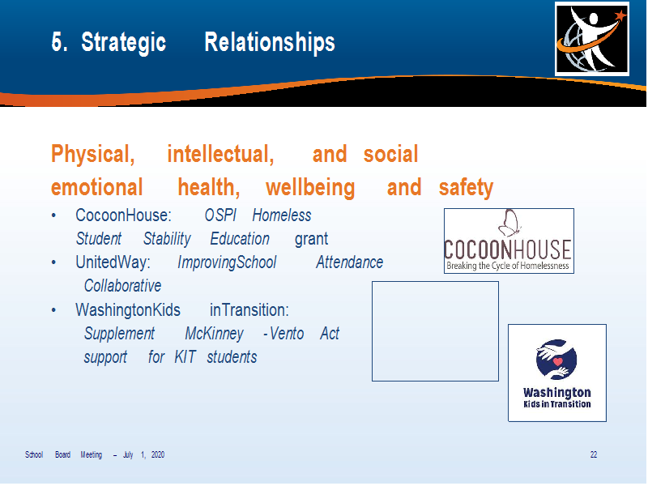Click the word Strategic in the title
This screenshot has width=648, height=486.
click(x=124, y=43)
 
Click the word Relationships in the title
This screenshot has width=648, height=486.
click(x=270, y=42)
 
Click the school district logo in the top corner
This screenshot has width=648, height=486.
click(x=592, y=39)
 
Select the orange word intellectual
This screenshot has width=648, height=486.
click(x=220, y=154)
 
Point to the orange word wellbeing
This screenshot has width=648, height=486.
click(x=310, y=188)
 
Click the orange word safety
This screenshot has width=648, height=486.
click(x=467, y=188)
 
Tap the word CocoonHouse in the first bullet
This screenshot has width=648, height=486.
click(x=123, y=215)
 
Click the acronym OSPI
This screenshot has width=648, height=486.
click(x=220, y=215)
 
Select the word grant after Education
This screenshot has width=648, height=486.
click(x=311, y=239)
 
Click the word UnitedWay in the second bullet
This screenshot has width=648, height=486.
click(x=113, y=262)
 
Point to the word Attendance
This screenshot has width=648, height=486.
click(x=350, y=262)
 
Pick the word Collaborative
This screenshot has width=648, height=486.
click(x=123, y=286)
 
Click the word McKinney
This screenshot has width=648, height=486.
click(x=214, y=334)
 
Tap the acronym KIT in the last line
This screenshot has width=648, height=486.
click(x=185, y=357)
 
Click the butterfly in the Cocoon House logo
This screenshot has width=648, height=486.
click(x=509, y=224)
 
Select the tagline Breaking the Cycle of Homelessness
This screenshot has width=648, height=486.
click(x=508, y=266)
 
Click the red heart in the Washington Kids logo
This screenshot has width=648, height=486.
click(x=558, y=361)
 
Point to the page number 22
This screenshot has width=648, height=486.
click(x=594, y=454)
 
